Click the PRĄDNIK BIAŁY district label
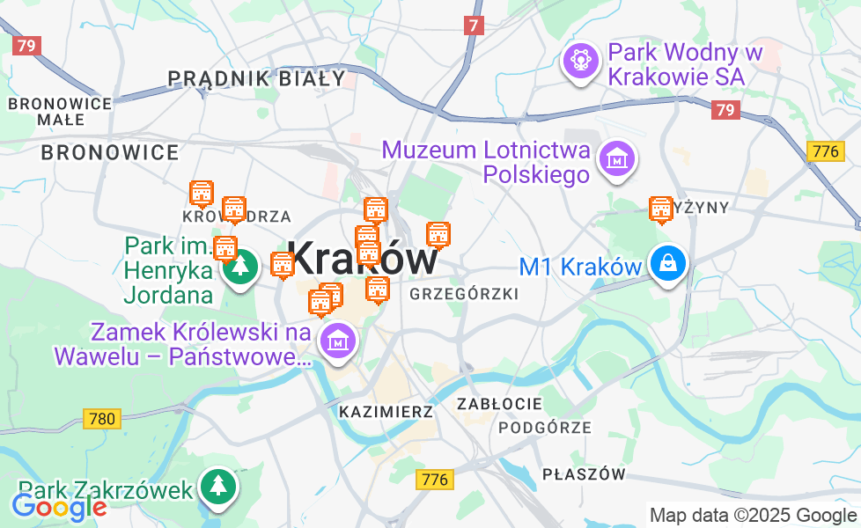257,78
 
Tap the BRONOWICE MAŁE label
60,111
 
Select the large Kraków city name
363,259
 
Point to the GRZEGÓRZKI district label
464,294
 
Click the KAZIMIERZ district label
386,411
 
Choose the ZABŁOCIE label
499,404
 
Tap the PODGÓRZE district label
545,428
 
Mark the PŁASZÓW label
584,474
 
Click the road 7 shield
475,26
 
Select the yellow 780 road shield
102,419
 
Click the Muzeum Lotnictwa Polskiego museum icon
617,159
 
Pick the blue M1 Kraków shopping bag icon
668,263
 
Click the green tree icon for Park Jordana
238,266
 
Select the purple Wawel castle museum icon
336,341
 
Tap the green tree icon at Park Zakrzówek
217,487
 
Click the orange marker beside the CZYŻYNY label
660,210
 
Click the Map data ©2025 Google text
752,515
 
